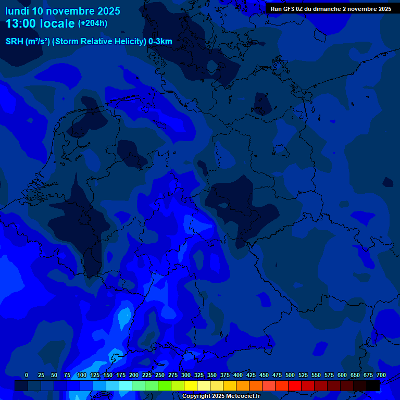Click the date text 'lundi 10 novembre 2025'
(63, 11)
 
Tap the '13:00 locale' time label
(40, 23)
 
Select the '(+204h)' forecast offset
(93, 23)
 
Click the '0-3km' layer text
(160, 42)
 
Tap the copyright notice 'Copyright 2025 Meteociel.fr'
(221, 396)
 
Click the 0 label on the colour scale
(27, 375)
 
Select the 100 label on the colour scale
(82, 375)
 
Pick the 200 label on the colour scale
(134, 375)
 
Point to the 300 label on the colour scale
(186, 375)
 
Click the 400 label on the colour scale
(238, 375)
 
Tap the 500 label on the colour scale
(290, 375)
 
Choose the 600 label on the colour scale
(342, 375)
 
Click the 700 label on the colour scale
(381, 375)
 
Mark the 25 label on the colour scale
(41, 375)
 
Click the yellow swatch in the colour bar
(191, 385)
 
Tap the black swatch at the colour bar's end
(373, 385)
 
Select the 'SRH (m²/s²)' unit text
(28, 42)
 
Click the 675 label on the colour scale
(368, 375)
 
